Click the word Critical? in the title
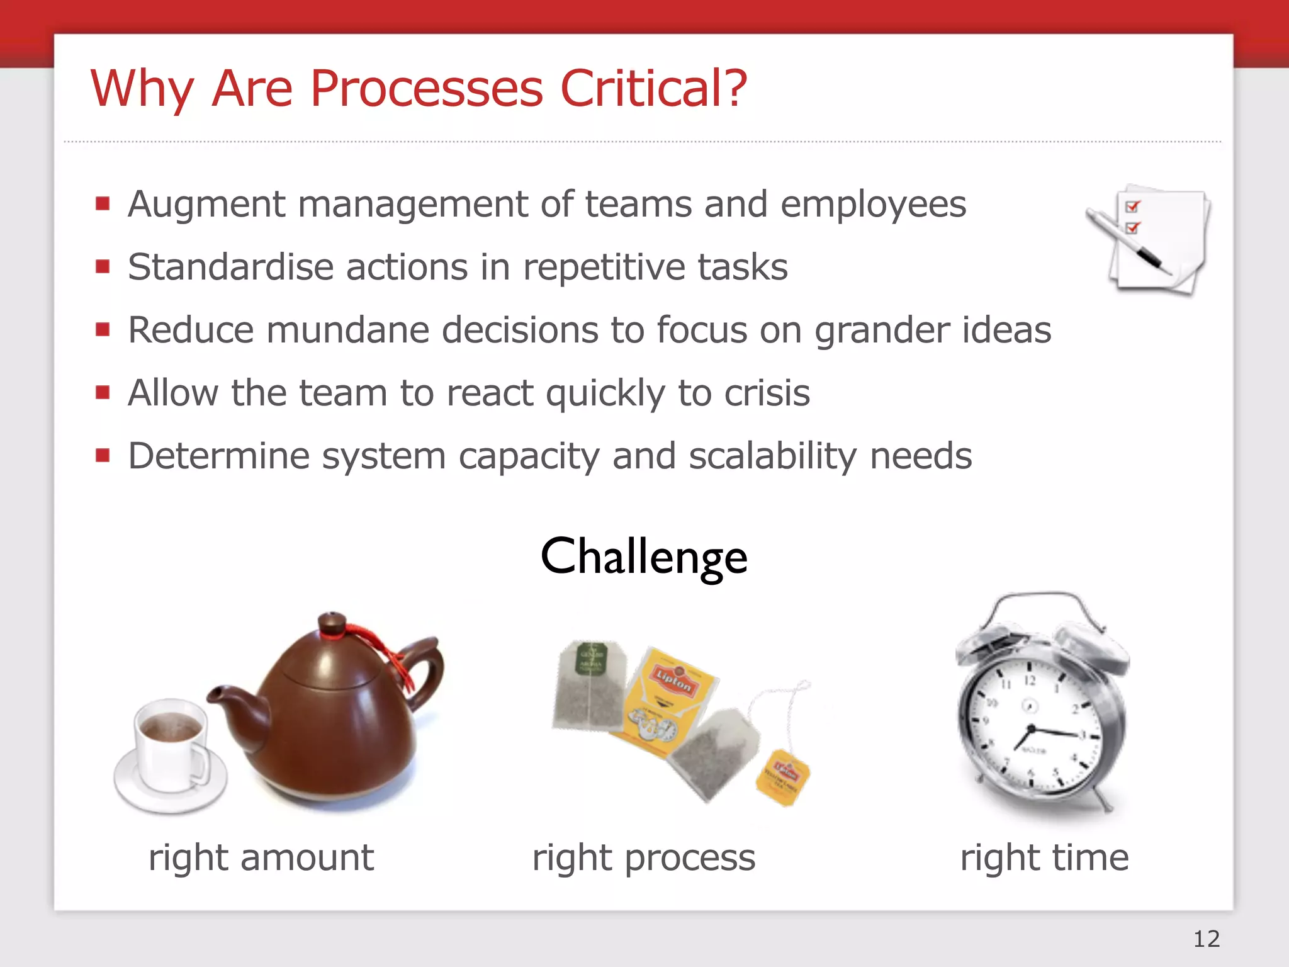coord(653,88)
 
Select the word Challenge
coord(644,557)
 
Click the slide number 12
coord(1206,939)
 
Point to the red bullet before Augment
coord(103,203)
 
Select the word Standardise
coord(230,267)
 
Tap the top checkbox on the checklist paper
coord(1132,206)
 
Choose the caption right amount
coord(261,857)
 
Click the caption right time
coord(1044,857)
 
